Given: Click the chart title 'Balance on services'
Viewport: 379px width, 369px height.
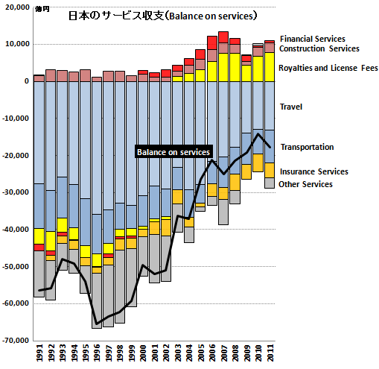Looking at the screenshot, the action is [x=162, y=16].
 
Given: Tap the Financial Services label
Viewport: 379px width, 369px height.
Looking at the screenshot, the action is [x=313, y=39].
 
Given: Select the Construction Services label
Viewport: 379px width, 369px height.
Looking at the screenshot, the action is [x=319, y=48].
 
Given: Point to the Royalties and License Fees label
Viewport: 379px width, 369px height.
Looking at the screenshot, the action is [x=328, y=68].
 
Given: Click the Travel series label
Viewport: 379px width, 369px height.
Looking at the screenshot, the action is [x=291, y=107].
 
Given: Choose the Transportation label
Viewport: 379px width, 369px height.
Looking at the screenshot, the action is [x=307, y=147].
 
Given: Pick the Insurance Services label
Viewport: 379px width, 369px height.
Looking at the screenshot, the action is [x=314, y=171].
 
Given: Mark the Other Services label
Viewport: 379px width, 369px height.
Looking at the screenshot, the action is [x=305, y=184].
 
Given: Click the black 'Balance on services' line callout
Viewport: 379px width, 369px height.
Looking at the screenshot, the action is [x=173, y=151].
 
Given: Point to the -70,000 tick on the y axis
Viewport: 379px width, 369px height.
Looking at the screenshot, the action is [x=16, y=341].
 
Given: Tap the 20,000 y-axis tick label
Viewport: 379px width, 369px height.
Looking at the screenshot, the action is [x=17, y=7].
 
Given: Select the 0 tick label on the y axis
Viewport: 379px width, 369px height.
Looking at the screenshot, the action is [x=27, y=81].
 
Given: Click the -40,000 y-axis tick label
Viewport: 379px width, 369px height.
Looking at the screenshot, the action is [x=16, y=230].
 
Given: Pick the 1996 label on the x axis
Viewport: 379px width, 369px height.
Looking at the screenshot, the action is [x=97, y=353].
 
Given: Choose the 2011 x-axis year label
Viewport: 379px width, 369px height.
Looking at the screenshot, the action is [x=270, y=353].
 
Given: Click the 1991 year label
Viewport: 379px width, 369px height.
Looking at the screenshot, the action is [x=39, y=353].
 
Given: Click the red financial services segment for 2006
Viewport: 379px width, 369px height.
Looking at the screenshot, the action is [x=212, y=43].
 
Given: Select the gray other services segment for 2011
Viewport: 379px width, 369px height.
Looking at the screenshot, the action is [x=270, y=183].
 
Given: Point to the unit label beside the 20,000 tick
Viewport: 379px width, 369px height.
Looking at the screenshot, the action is [x=42, y=10].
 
